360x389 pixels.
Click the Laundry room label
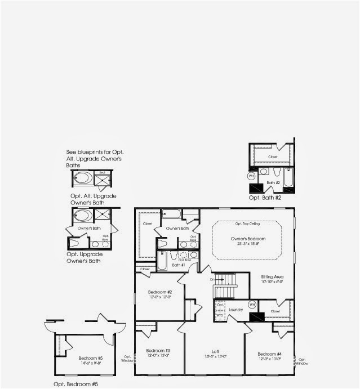pyautogui.click(x=235, y=310)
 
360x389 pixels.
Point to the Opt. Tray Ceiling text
pyautogui.click(x=247, y=223)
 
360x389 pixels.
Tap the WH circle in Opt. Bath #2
pyautogui.click(x=251, y=176)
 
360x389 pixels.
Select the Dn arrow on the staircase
pyautogui.click(x=212, y=280)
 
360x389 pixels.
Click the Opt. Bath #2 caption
pyautogui.click(x=265, y=198)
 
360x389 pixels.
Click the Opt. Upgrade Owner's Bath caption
pyautogui.click(x=83, y=258)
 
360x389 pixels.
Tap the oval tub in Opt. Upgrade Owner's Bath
pyautogui.click(x=82, y=215)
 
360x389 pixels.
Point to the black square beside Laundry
pyautogui.click(x=257, y=317)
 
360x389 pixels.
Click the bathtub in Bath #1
pyautogui.click(x=162, y=261)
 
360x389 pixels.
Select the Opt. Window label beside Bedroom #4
pyautogui.click(x=303, y=361)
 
